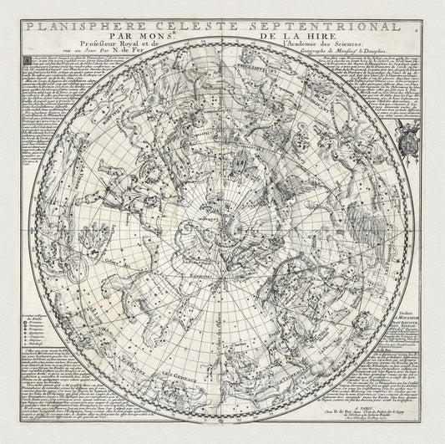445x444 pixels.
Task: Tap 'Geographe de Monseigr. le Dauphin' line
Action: click(x=308, y=48)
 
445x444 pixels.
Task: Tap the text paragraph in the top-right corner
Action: click(x=384, y=84)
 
